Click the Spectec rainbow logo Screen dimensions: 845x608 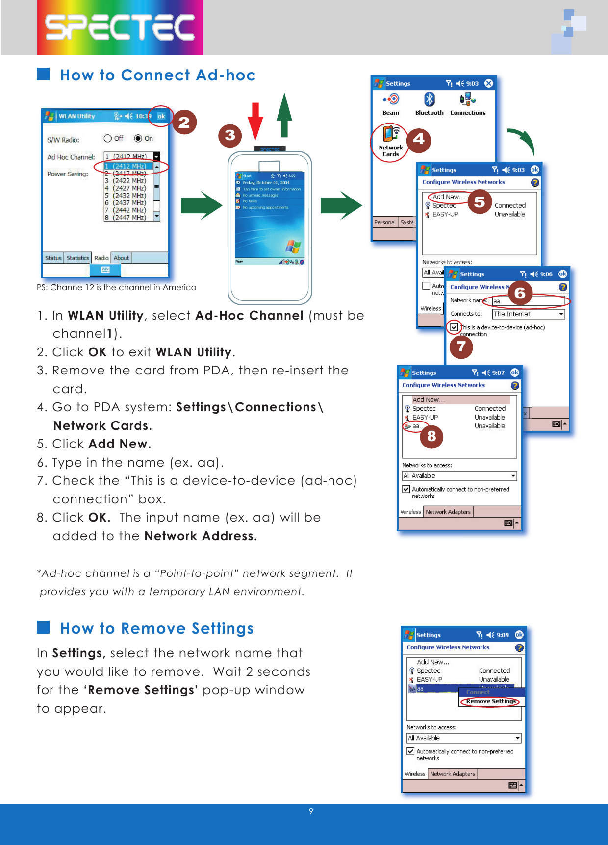tap(120, 27)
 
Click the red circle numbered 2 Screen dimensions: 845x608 tap(184, 122)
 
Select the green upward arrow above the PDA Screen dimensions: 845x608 tap(284, 115)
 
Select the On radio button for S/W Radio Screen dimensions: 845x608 tap(138, 139)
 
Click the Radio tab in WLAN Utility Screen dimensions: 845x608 tap(101, 258)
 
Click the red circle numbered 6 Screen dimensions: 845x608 tap(520, 293)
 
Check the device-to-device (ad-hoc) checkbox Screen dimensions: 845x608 tap(454, 327)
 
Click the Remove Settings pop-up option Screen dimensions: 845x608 tap(491, 701)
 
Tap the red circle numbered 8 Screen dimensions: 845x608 tap(431, 436)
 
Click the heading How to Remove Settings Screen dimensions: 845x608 tap(157, 628)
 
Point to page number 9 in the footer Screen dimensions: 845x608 tap(311, 811)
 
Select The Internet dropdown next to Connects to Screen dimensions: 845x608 tap(528, 314)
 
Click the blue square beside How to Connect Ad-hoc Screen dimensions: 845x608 tap(43, 74)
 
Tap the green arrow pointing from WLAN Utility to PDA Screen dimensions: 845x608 tap(201, 205)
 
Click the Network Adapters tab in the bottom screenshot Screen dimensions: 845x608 tap(452, 774)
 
